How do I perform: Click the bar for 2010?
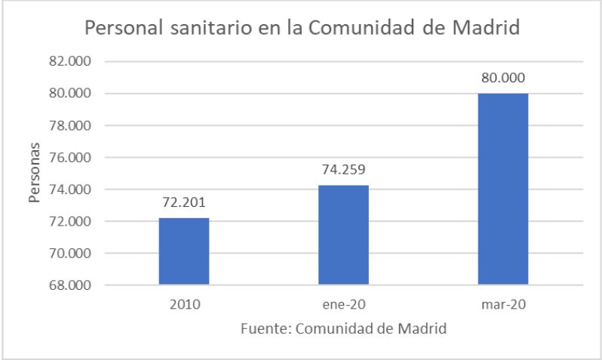click(x=183, y=251)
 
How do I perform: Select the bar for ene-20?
click(x=343, y=235)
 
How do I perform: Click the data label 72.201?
click(x=183, y=202)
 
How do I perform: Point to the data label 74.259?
click(x=343, y=170)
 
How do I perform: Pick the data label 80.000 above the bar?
click(x=503, y=78)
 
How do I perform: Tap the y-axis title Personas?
click(x=34, y=173)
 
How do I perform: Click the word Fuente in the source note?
click(x=265, y=329)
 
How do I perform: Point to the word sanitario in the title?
click(x=192, y=29)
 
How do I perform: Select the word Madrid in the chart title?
click(x=487, y=29)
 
